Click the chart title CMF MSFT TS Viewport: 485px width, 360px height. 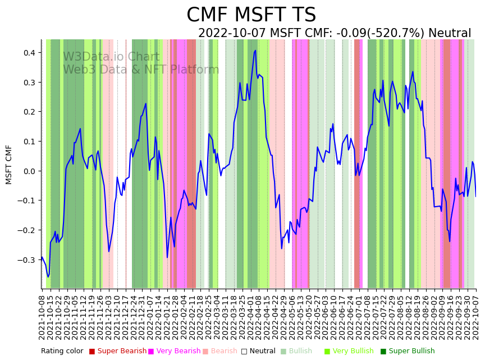[251, 15]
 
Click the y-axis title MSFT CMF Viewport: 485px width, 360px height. [9, 165]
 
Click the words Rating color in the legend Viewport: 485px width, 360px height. [62, 351]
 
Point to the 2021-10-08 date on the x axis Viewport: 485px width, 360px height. [42, 315]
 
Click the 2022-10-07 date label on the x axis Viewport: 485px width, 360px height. [476, 315]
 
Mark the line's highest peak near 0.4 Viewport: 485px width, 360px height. [255, 51]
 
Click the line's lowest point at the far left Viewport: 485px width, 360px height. [48, 277]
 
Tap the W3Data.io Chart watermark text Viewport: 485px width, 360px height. [111, 57]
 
